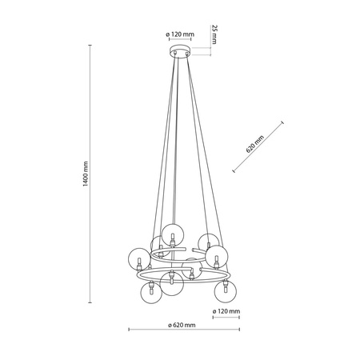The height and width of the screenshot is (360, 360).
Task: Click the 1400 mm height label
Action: [86, 174]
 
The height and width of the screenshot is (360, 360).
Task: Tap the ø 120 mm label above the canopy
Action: [180, 34]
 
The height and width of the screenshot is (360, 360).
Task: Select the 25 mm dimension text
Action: [214, 34]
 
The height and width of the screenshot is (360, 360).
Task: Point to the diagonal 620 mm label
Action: [255, 144]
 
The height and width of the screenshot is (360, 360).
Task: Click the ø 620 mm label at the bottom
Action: [182, 325]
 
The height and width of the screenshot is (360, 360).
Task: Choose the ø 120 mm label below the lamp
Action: [226, 311]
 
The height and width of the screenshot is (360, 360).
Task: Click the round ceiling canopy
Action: [180, 51]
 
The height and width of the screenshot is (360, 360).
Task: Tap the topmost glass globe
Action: [173, 234]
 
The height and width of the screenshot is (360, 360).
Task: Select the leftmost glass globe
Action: [139, 259]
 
